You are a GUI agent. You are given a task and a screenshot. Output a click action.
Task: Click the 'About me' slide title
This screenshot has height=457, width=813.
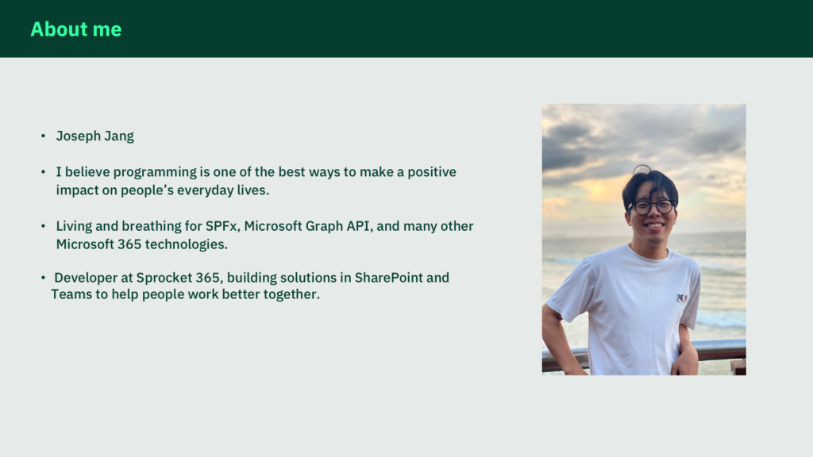click(76, 29)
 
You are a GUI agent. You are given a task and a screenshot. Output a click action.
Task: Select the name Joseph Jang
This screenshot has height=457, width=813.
click(95, 136)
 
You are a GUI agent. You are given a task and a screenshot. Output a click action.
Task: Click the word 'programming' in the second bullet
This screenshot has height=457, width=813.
click(155, 172)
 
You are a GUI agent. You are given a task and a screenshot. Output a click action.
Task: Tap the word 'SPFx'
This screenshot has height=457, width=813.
click(222, 226)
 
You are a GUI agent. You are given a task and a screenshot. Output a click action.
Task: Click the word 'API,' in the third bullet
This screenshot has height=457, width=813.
click(358, 226)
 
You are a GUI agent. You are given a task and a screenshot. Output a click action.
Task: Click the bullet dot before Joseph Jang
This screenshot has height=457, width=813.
click(43, 136)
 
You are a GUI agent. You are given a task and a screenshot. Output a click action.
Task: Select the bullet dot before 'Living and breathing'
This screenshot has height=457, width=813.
click(43, 226)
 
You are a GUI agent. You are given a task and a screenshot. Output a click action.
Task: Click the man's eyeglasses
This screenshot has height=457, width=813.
click(652, 207)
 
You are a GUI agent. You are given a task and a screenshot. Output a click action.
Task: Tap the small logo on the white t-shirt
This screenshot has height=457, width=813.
click(682, 298)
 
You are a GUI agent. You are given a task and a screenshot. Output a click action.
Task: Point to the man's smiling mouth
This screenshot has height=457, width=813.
click(653, 226)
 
